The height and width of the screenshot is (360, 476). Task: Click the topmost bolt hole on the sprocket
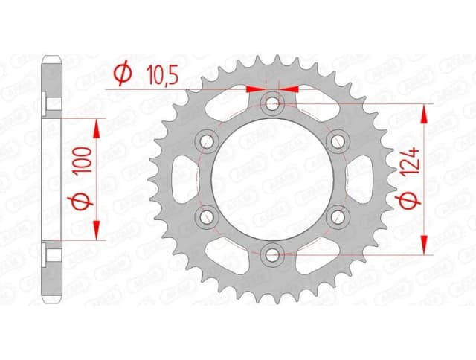274,102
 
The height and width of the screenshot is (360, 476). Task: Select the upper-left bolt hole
207,140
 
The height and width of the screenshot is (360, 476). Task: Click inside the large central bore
274,179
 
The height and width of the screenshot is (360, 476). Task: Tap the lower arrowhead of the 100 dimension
97,233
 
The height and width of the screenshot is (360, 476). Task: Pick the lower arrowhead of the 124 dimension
425,246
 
